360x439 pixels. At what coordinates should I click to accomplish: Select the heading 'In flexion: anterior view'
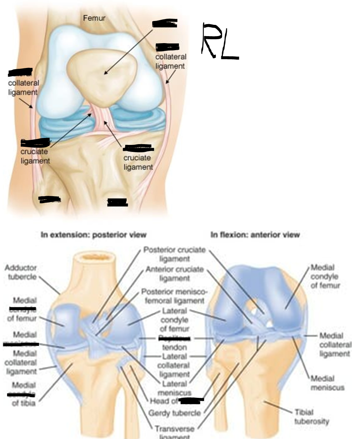point(255,234)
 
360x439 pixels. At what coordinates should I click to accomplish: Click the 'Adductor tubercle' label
point(21,272)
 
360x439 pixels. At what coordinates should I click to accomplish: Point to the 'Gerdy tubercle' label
point(175,413)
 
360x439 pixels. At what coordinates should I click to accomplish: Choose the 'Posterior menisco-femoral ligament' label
point(174,296)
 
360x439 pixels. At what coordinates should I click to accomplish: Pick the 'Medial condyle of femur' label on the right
point(325,276)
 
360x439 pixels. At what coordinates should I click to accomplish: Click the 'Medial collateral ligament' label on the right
point(335,344)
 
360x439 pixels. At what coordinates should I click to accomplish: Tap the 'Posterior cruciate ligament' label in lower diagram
point(174,254)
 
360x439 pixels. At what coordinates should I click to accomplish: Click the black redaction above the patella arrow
point(165,23)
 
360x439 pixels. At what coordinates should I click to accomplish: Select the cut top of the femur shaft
point(93,257)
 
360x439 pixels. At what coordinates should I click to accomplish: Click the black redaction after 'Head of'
point(192,400)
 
